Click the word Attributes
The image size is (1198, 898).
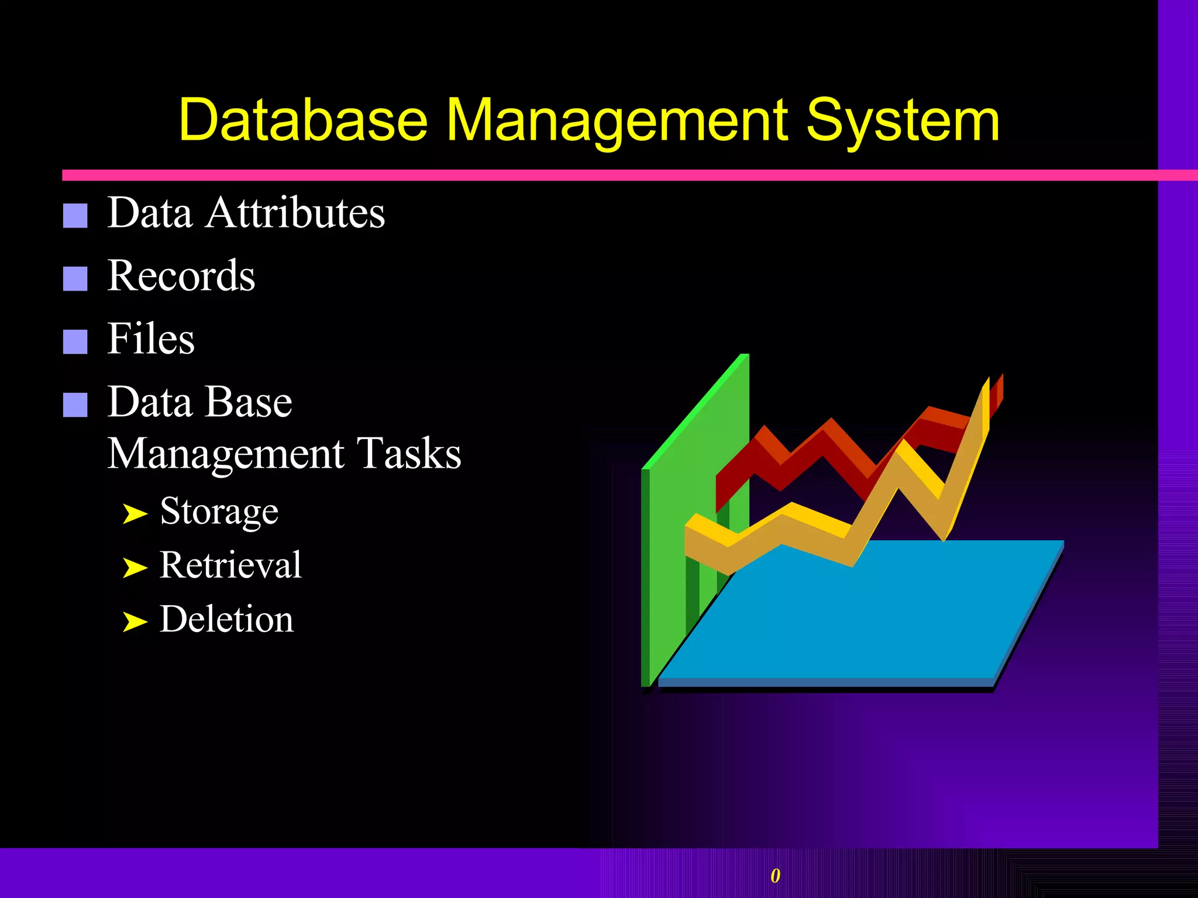point(295,212)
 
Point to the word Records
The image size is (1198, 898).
point(181,275)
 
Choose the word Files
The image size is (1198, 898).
point(151,339)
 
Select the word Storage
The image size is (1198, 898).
point(219,512)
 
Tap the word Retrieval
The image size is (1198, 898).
point(230,565)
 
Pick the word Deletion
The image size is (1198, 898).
point(226,619)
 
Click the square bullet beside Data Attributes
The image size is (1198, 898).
point(75,216)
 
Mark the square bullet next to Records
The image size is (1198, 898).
point(75,279)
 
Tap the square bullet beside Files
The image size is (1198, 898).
point(75,342)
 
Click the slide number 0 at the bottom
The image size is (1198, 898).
point(775,876)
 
